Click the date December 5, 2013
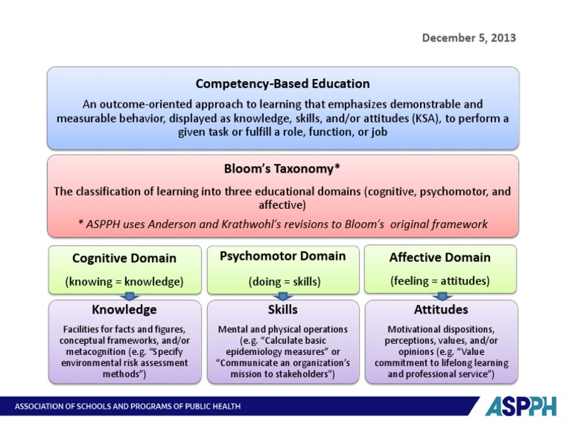click(469, 38)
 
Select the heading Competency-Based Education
click(283, 83)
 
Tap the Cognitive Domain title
click(124, 258)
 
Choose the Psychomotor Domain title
click(282, 256)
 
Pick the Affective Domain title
click(441, 258)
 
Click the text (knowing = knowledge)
click(124, 281)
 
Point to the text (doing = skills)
click(282, 281)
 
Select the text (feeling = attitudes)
click(441, 280)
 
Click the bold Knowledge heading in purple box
click(124, 309)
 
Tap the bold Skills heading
click(282, 309)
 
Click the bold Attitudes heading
click(441, 309)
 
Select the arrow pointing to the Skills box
click(282, 296)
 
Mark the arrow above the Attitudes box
click(441, 296)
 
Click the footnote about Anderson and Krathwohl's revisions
click(283, 224)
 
